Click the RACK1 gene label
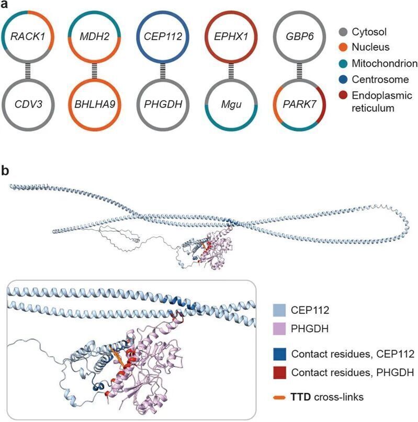coord(28,37)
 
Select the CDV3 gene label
coord(28,104)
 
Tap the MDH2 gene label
coord(95,37)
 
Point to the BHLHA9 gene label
coord(95,104)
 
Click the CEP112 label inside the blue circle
coord(163,37)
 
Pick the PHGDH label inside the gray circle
coord(163,104)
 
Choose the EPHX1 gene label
coord(231,37)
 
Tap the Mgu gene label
coord(231,104)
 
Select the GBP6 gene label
coord(299,37)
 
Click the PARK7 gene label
coord(299,104)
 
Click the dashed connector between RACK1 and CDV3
coord(28,71)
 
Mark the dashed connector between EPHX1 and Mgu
coord(231,71)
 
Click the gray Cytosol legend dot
coord(343,32)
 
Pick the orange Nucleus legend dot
coord(343,48)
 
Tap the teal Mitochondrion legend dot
coord(343,64)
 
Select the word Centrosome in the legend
coord(380,79)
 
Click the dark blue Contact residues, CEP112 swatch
coord(279,354)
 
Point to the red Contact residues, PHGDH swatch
coord(279,373)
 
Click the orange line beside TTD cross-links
coord(279,397)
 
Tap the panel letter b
coord(5,171)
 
